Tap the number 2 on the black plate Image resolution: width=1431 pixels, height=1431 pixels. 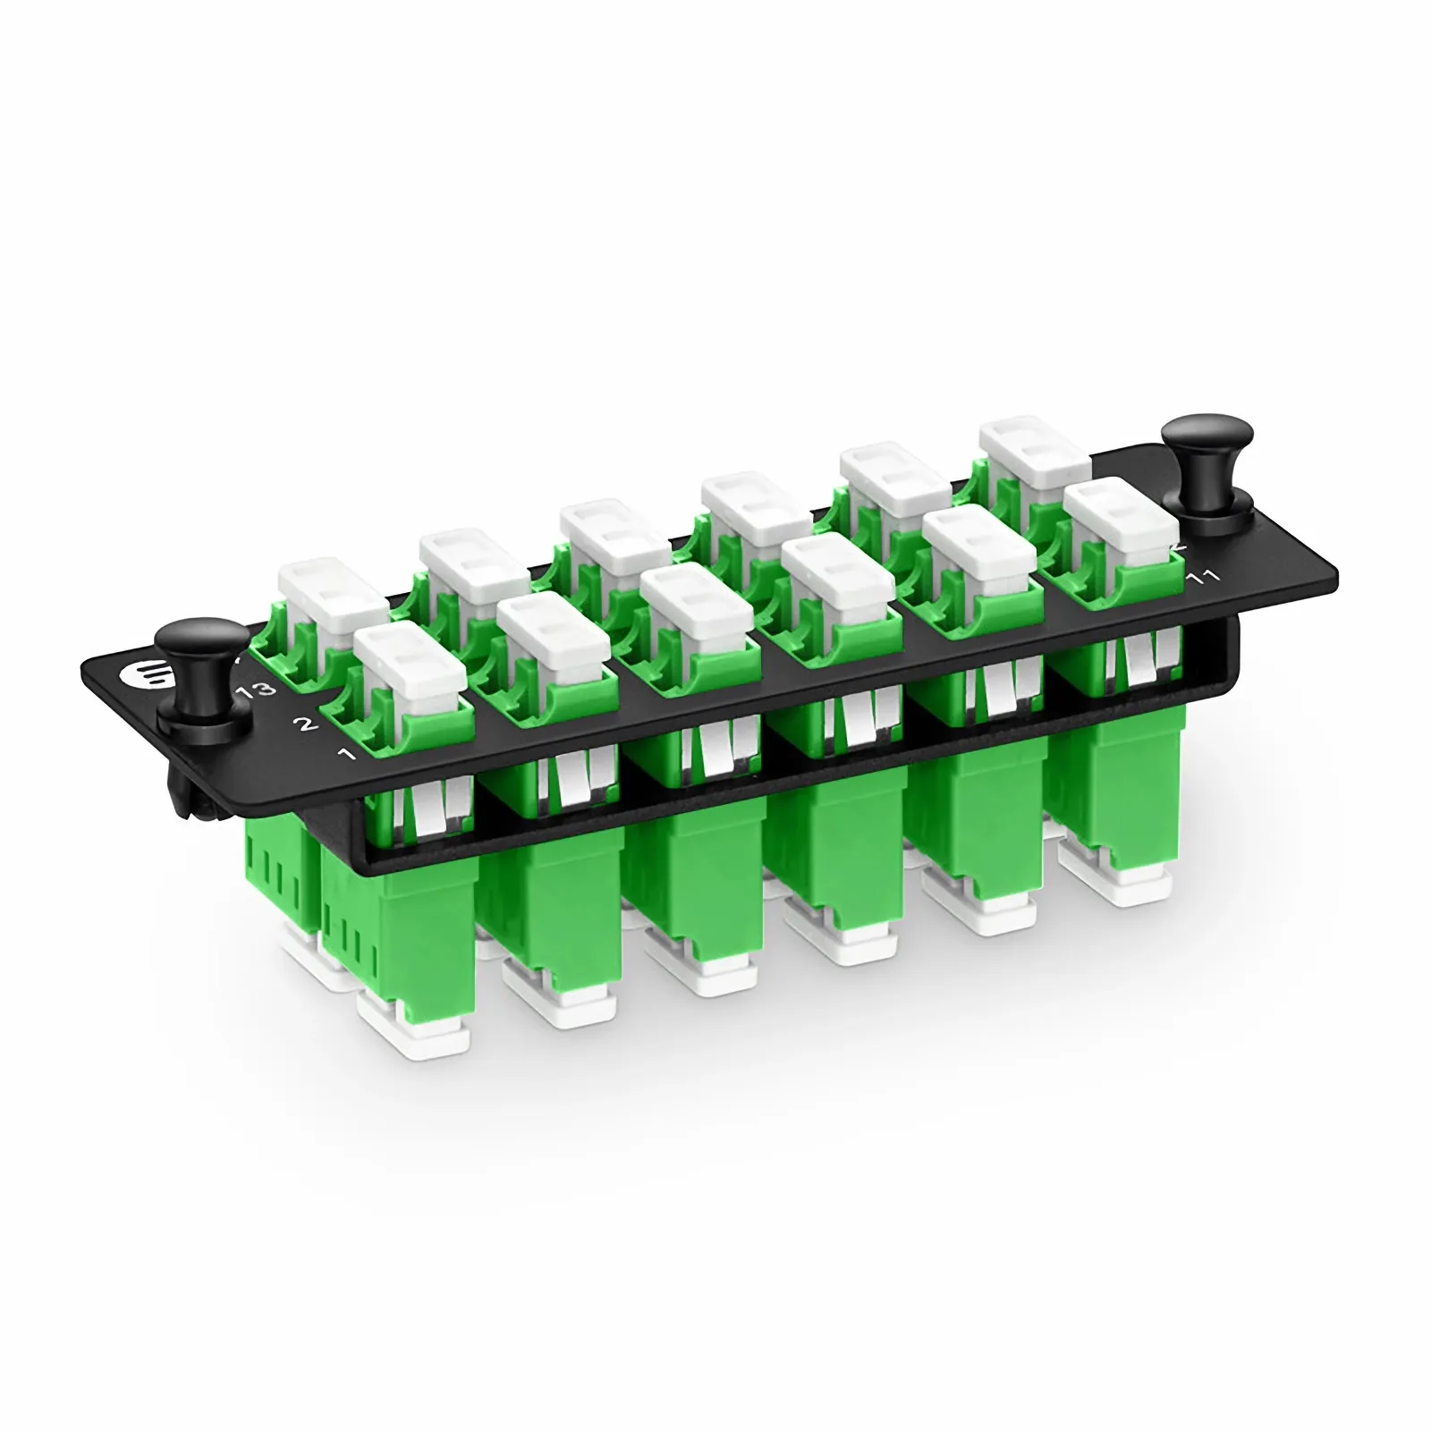(x=306, y=724)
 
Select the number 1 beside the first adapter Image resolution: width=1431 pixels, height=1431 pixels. (x=347, y=754)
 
